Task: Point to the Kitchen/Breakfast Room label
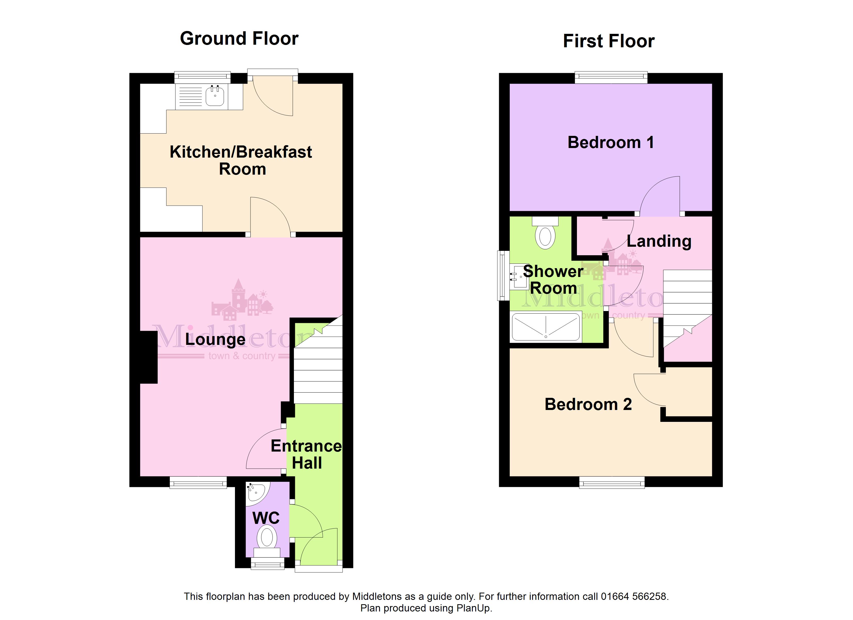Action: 241,160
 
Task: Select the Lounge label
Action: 215,339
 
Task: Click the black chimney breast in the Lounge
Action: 149,357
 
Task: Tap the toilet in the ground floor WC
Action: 267,541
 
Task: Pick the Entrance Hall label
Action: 307,454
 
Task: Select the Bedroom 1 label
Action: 611,143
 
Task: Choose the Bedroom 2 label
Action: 588,405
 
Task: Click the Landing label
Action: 659,241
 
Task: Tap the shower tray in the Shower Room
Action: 546,327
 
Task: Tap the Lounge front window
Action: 198,482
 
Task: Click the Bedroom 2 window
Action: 612,482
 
